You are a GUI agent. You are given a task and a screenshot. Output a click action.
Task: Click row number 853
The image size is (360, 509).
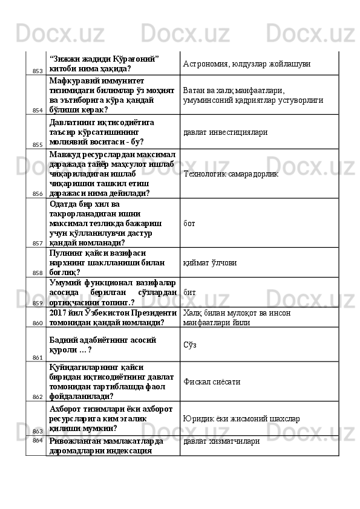coord(37,71)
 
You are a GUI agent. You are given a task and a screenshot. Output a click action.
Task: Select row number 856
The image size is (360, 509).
coord(37,194)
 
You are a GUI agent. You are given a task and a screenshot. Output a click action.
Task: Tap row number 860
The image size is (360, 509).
coord(37,323)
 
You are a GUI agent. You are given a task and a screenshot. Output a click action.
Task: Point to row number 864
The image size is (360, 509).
coord(37,440)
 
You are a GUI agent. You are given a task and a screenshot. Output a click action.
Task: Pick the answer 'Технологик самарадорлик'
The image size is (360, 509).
coord(231,173)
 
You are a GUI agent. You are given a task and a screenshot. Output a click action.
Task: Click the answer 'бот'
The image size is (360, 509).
coord(189,223)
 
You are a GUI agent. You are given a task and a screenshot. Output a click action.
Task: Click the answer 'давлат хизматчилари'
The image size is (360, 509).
coord(221,441)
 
